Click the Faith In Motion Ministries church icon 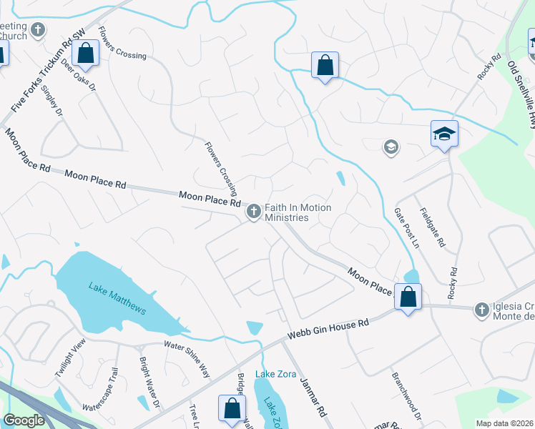tap(253, 212)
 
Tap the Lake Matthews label tap(117, 298)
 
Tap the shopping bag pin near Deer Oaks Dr tap(86, 53)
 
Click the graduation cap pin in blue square tap(444, 134)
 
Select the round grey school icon tap(391, 147)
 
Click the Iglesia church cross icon tap(482, 310)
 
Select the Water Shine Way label tap(187, 358)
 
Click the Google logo tap(24, 420)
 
